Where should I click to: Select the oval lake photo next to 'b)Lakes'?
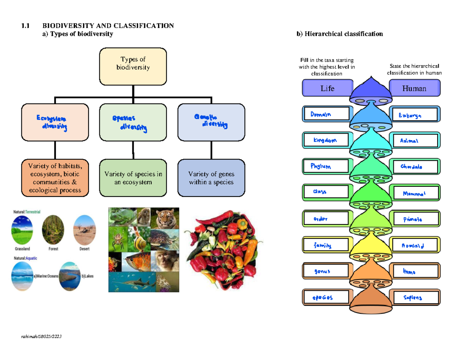[x=70, y=276]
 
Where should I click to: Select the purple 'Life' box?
[x=327, y=88]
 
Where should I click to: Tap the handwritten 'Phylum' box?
[x=326, y=167]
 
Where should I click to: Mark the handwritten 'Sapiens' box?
[x=415, y=298]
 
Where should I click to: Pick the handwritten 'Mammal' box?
[x=415, y=193]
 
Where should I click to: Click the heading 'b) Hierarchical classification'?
[x=340, y=34]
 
